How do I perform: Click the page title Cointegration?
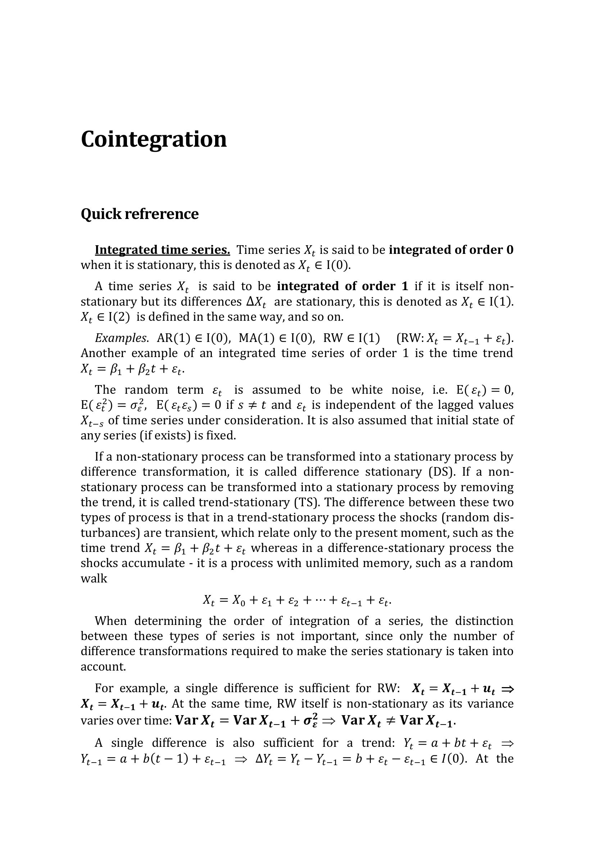(x=154, y=140)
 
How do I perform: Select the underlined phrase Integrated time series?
(x=162, y=250)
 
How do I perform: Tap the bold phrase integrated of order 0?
(x=451, y=250)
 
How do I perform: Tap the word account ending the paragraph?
(x=103, y=667)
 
